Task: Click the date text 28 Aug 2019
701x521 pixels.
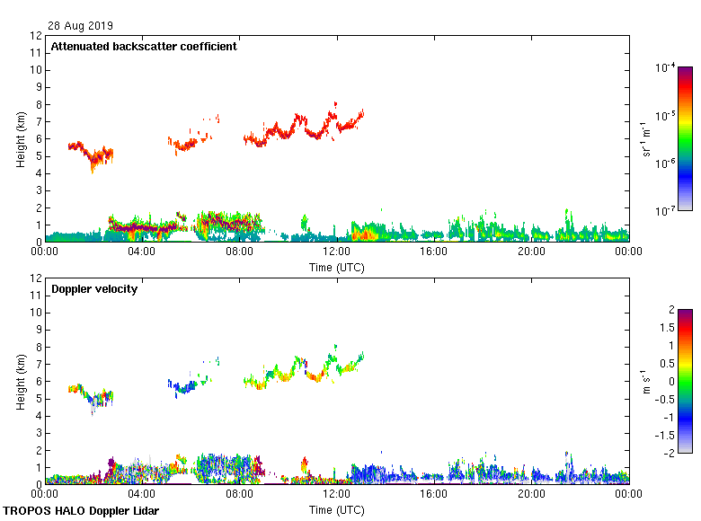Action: (81, 26)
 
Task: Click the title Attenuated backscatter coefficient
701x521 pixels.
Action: (144, 47)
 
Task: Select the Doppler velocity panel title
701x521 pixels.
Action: (94, 289)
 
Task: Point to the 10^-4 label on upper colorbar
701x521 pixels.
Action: (666, 68)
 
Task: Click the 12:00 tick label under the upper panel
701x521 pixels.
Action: (337, 252)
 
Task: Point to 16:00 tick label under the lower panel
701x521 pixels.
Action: (434, 494)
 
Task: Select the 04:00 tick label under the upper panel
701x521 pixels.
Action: (142, 252)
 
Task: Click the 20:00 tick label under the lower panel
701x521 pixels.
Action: (531, 494)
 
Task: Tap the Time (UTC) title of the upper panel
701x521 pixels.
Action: (337, 267)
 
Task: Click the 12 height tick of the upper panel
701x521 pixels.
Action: (36, 36)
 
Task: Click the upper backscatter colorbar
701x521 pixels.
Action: (684, 138)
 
